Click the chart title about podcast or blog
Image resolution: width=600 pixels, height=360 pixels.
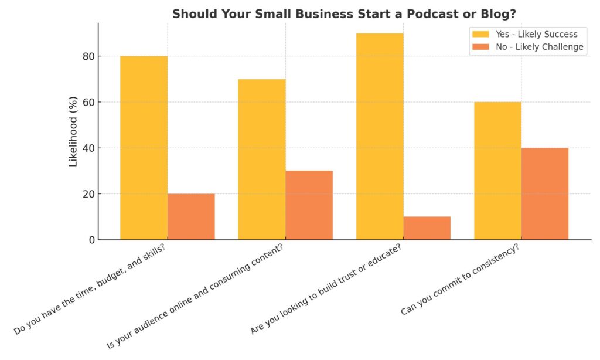tap(340, 13)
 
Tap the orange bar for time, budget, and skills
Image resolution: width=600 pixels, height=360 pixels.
tap(191, 216)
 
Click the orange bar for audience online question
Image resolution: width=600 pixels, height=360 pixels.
tap(309, 205)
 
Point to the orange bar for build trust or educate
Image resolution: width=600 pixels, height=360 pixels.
tap(427, 228)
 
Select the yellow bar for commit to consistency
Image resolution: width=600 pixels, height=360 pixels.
tap(497, 171)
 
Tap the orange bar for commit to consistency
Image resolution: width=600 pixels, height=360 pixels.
tap(545, 193)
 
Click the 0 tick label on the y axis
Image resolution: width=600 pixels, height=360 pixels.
tap(90, 240)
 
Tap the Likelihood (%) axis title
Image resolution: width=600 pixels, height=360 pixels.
tap(73, 131)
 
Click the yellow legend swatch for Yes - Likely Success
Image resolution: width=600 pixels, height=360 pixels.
tap(480, 34)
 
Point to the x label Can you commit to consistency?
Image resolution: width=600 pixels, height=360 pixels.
tap(461, 279)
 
